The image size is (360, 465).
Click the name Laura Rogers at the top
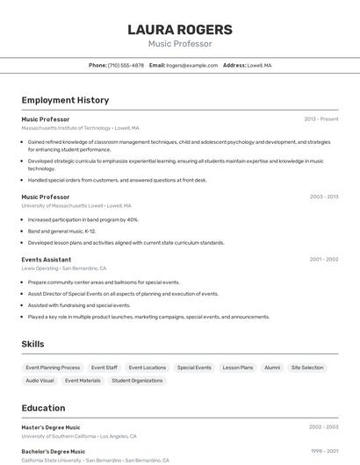pyautogui.click(x=180, y=29)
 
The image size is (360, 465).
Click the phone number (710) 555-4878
pyautogui.click(x=126, y=65)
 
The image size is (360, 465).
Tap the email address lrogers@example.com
pyautogui.click(x=192, y=65)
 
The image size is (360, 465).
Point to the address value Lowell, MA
pyautogui.click(x=259, y=65)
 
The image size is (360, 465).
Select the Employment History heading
pyautogui.click(x=65, y=100)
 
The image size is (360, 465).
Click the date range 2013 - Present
pyautogui.click(x=321, y=118)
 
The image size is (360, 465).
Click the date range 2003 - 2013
pyautogui.click(x=324, y=197)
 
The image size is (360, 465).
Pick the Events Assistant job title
pyautogui.click(x=47, y=259)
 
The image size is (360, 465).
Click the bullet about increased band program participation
pyautogui.click(x=83, y=219)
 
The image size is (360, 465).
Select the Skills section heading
pyautogui.click(x=32, y=344)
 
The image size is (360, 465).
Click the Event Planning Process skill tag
pyautogui.click(x=53, y=368)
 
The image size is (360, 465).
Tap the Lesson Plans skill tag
pyautogui.click(x=237, y=368)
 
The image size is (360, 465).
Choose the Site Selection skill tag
pyautogui.click(x=307, y=368)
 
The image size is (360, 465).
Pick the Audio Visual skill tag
pyautogui.click(x=40, y=381)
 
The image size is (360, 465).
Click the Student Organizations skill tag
pyautogui.click(x=137, y=381)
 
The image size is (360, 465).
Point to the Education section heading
pyautogui.click(x=43, y=408)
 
